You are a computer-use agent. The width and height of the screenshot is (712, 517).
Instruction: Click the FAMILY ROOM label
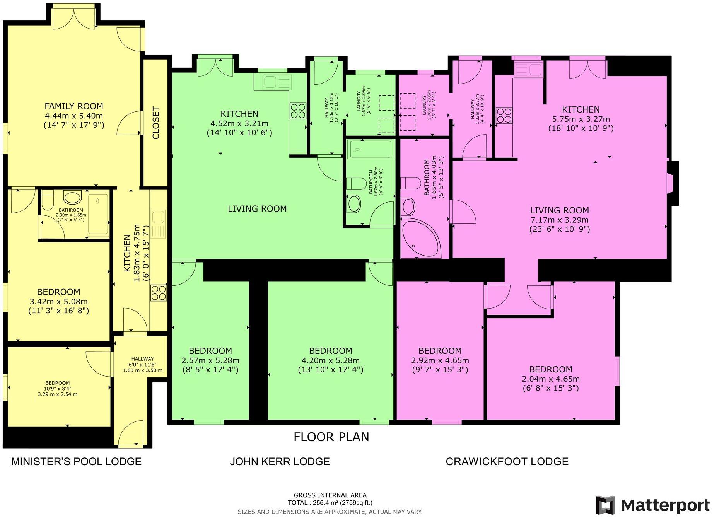click(x=74, y=106)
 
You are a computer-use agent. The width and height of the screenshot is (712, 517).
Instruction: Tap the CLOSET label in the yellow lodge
click(x=156, y=123)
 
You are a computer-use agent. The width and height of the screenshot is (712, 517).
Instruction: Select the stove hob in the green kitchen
click(x=298, y=111)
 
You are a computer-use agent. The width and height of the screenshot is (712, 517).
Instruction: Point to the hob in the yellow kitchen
click(x=159, y=293)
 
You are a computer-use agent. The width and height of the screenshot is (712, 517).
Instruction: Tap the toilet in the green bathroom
click(x=356, y=183)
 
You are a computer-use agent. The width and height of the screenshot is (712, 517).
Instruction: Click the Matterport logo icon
click(x=605, y=505)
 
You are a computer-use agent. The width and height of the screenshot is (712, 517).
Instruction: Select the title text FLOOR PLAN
click(x=331, y=437)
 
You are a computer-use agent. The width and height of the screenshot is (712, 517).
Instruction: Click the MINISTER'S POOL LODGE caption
click(x=76, y=461)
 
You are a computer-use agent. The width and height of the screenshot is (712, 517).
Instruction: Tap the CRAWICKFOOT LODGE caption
click(x=507, y=461)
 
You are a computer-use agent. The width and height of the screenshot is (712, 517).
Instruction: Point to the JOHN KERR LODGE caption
click(x=280, y=461)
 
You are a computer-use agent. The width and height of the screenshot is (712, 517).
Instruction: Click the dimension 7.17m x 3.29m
click(x=559, y=220)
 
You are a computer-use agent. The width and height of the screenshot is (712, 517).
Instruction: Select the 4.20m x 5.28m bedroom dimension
click(x=330, y=360)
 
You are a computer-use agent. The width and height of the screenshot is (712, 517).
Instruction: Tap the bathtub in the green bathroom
click(x=371, y=149)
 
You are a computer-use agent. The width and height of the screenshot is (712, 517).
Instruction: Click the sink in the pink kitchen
click(x=528, y=70)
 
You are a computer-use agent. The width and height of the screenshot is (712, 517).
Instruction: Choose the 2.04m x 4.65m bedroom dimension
click(x=550, y=379)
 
